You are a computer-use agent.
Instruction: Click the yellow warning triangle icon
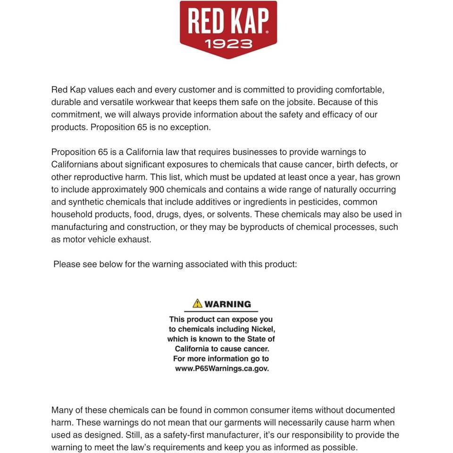pyautogui.click(x=197, y=303)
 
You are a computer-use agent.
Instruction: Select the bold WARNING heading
pyautogui.click(x=227, y=304)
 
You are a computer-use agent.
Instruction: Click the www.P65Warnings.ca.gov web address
pyautogui.click(x=222, y=369)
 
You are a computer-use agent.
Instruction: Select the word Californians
pyautogui.click(x=75, y=165)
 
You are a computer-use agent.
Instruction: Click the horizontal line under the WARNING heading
pyautogui.click(x=221, y=312)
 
